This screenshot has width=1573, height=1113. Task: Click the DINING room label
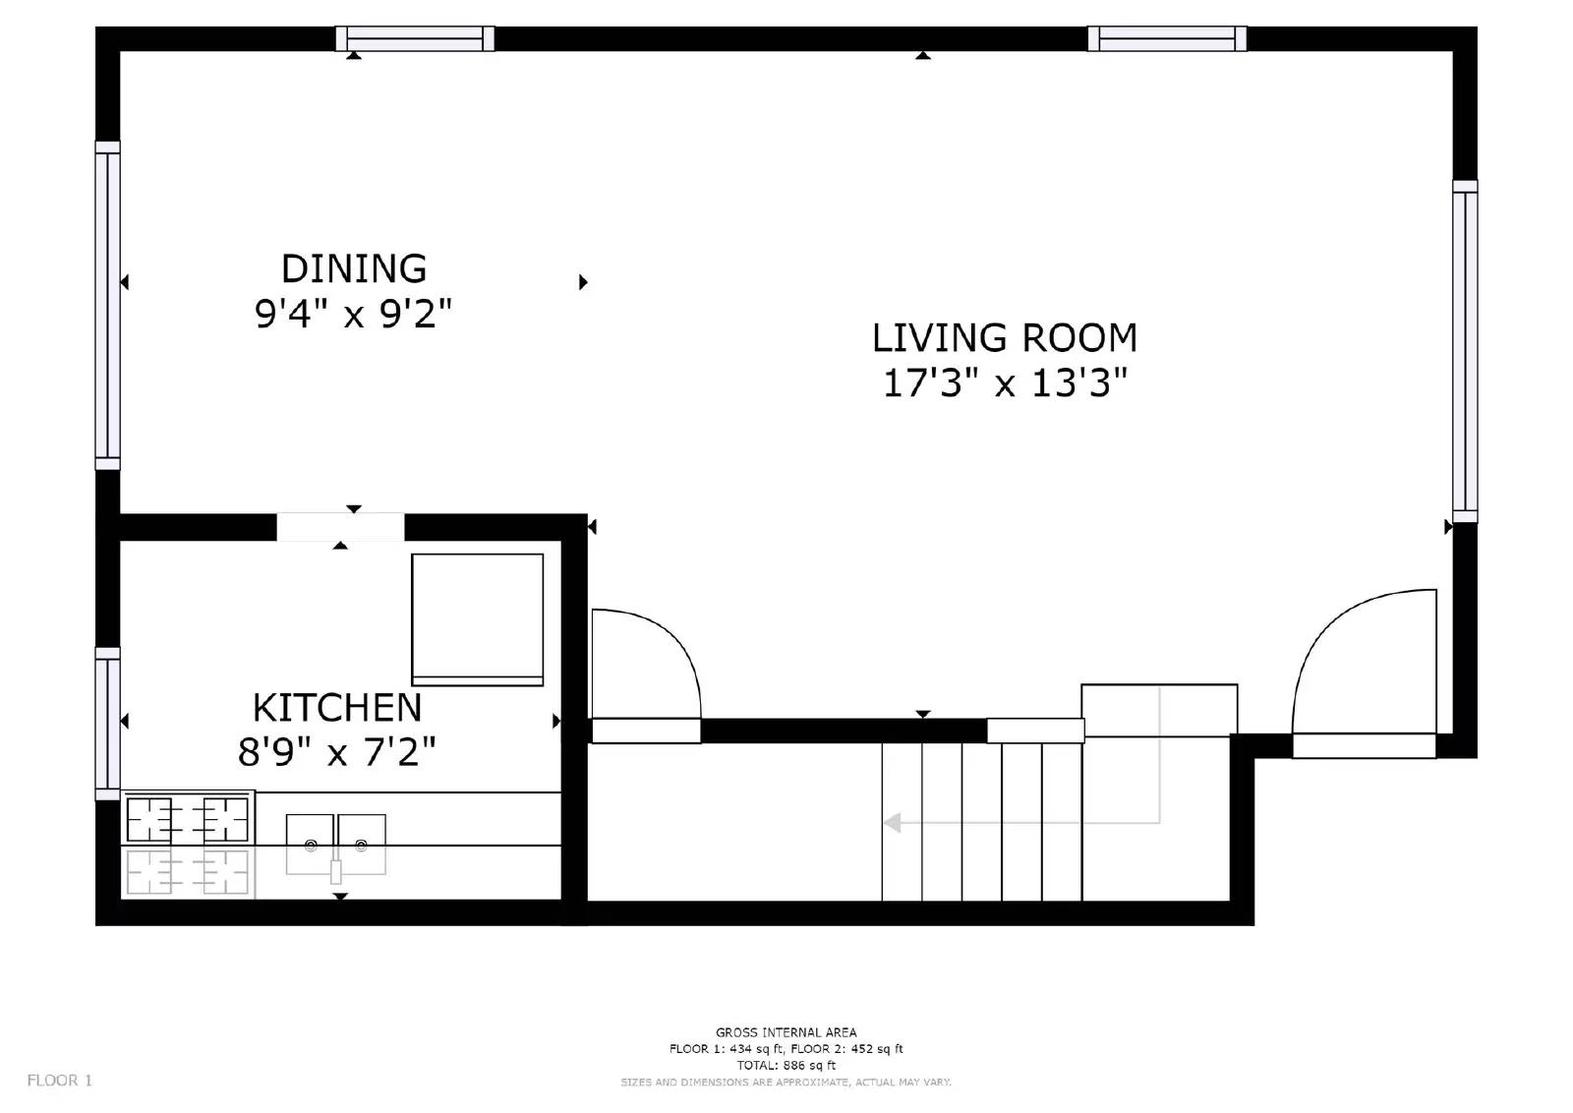coord(354,268)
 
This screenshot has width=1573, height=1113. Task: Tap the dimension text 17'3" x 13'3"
coord(1004,382)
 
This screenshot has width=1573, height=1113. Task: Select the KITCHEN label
coord(337,707)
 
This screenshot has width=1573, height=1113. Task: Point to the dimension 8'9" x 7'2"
coord(336,752)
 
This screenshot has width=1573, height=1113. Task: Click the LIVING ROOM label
coord(1004,337)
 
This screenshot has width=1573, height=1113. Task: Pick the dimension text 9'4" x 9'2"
coord(354,314)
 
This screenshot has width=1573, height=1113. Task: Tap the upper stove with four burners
coord(187,818)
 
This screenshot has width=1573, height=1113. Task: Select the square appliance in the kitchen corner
coord(477,619)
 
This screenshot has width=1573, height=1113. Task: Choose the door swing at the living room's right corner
coord(1365,664)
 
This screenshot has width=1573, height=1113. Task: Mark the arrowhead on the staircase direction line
coord(893,823)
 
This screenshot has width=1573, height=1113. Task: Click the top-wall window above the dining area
coord(415,38)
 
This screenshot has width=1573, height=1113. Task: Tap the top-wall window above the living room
coord(1167,38)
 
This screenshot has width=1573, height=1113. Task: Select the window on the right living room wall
coord(1464,351)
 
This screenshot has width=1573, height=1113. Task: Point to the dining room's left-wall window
coord(107,306)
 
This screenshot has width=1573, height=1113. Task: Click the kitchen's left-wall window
coord(107,724)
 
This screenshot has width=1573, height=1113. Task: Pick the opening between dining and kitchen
coord(340,527)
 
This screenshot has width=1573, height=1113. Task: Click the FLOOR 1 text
coord(59,1081)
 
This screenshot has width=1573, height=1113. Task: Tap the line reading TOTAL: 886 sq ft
coord(786,1065)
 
